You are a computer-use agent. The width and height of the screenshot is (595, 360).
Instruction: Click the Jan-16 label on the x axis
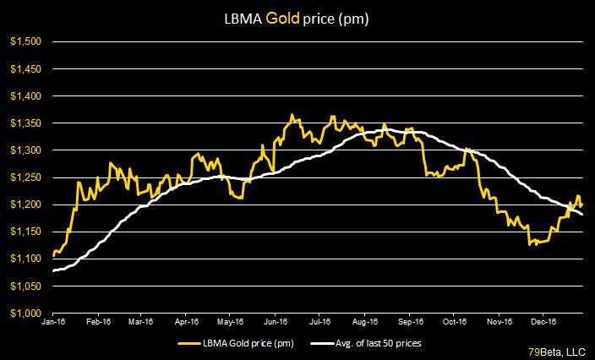click(54, 322)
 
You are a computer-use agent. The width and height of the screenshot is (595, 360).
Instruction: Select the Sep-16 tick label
click(410, 322)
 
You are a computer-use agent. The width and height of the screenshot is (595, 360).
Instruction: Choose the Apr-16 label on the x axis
click(186, 322)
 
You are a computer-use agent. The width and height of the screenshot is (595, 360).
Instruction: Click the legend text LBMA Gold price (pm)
click(254, 343)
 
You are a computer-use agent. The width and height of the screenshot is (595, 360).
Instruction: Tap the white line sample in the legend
click(321, 343)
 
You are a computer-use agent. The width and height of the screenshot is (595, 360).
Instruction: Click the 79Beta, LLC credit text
click(557, 351)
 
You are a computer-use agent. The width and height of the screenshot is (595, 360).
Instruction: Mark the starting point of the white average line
click(53, 270)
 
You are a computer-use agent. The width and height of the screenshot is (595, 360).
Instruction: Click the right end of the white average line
click(582, 214)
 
